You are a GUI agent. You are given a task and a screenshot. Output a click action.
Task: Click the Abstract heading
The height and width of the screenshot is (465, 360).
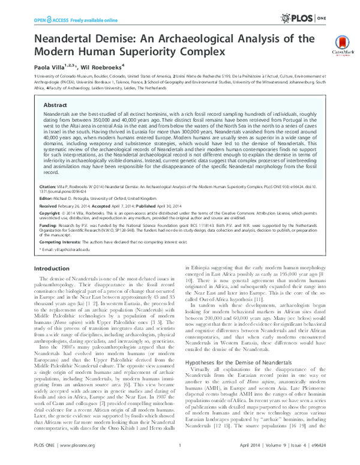[x=54, y=104]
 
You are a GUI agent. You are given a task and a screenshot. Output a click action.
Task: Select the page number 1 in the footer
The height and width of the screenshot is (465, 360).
[x=180, y=455]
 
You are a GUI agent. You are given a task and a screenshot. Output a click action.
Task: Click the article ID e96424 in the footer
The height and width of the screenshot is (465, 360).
[x=316, y=455]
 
